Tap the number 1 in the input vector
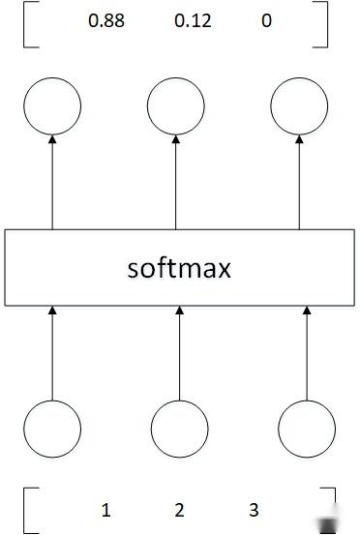pyautogui.click(x=105, y=510)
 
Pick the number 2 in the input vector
pyautogui.click(x=179, y=510)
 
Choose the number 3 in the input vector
pyautogui.click(x=254, y=510)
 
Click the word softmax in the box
pyautogui.click(x=180, y=267)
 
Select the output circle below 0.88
pyautogui.click(x=53, y=106)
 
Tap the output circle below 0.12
pyautogui.click(x=176, y=106)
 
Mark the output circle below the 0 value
pyautogui.click(x=298, y=106)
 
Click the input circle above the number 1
pyautogui.click(x=53, y=428)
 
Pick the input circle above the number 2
pyautogui.click(x=179, y=428)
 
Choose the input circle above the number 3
pyautogui.click(x=306, y=428)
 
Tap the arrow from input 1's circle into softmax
pyautogui.click(x=53, y=352)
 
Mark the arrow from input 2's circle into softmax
pyautogui.click(x=179, y=352)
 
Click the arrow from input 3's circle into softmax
pyautogui.click(x=306, y=352)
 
